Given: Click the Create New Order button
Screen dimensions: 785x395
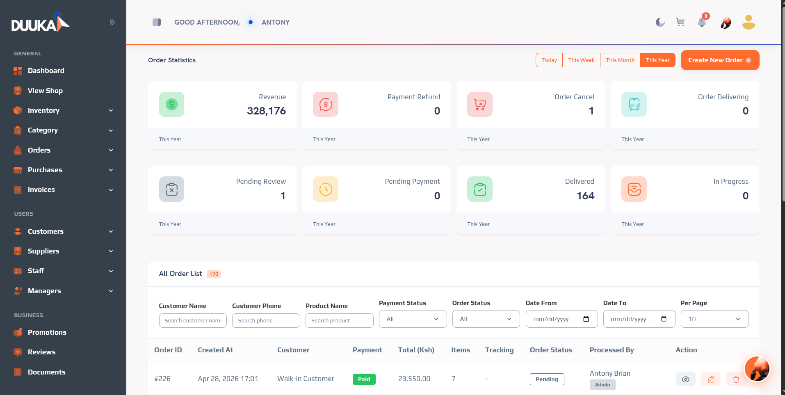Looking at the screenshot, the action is pyautogui.click(x=720, y=60).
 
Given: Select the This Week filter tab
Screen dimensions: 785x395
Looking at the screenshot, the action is pyautogui.click(x=581, y=60).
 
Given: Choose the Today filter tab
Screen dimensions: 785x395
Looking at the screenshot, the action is pyautogui.click(x=549, y=60).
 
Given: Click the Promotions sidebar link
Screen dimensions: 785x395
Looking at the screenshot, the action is pyautogui.click(x=47, y=332).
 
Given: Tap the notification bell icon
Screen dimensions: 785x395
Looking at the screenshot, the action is pyautogui.click(x=702, y=22).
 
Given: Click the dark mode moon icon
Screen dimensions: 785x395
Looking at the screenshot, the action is pyautogui.click(x=660, y=22).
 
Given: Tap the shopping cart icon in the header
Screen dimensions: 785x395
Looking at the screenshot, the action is pyautogui.click(x=680, y=22).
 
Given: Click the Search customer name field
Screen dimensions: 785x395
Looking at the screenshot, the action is pyautogui.click(x=193, y=320).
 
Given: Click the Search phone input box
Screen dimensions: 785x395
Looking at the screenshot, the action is pyautogui.click(x=266, y=320).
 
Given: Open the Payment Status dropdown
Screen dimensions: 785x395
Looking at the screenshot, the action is pyautogui.click(x=413, y=319).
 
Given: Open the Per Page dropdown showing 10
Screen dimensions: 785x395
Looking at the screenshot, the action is pyautogui.click(x=714, y=319).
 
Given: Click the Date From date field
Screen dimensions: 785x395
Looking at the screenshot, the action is pyautogui.click(x=561, y=319).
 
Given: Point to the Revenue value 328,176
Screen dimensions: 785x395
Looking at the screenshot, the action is pyautogui.click(x=266, y=111).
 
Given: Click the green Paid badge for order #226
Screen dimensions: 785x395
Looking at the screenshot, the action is pyautogui.click(x=364, y=379).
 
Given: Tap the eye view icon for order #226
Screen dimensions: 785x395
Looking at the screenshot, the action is pyautogui.click(x=685, y=379).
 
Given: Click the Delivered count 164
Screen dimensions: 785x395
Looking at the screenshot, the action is pyautogui.click(x=585, y=196).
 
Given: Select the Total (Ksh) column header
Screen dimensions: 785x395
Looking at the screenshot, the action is pyautogui.click(x=416, y=350).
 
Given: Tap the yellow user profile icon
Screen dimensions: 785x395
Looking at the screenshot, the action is pyautogui.click(x=748, y=22).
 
